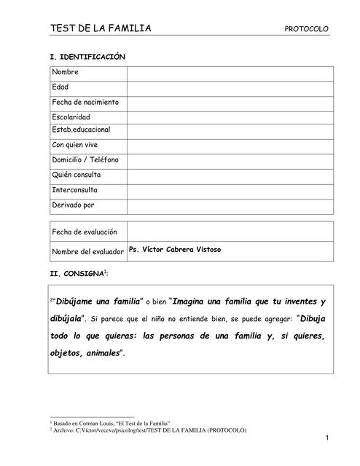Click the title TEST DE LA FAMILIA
[x=101, y=28]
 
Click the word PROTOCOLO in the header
[x=306, y=30]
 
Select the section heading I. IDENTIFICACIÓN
[x=87, y=56]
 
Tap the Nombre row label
[x=66, y=72]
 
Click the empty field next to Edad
[x=230, y=87]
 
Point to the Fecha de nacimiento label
[x=85, y=102]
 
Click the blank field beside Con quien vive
[x=230, y=145]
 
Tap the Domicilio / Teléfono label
[x=85, y=159]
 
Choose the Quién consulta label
[x=77, y=175]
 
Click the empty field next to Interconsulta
[x=230, y=190]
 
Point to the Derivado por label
[x=73, y=205]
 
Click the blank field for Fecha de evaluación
[x=230, y=232]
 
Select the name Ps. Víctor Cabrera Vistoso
[x=174, y=250]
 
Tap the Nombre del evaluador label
[x=88, y=252]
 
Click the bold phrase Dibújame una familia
[x=97, y=301]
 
